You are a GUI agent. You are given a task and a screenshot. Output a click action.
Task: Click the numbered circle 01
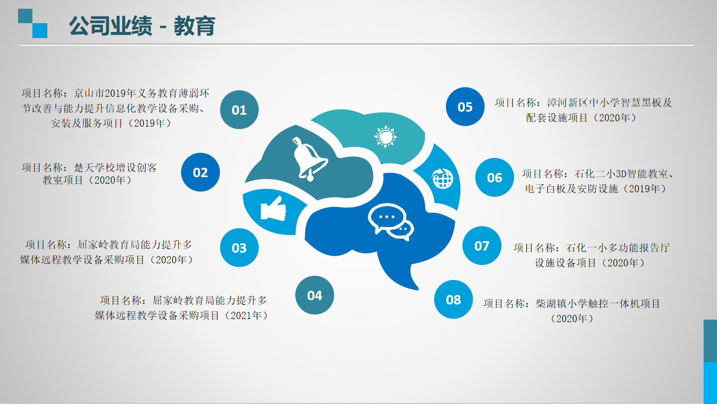[239, 110]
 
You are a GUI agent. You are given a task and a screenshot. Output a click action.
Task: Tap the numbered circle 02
[201, 172]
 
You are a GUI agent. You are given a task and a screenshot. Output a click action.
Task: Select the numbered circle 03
[239, 248]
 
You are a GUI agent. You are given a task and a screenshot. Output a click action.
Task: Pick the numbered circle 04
[314, 295]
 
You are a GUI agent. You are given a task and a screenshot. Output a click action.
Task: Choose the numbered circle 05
[465, 107]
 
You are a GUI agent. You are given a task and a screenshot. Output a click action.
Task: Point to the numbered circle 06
[494, 177]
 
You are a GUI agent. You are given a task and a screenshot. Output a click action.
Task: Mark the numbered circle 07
[482, 245]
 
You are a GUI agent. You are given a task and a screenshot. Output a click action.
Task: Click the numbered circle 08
[453, 300]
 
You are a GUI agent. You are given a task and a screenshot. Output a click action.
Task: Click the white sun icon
[385, 137]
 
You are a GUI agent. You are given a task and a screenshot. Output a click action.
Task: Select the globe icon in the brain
[442, 179]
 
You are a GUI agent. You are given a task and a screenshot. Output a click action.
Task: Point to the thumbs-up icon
[273, 209]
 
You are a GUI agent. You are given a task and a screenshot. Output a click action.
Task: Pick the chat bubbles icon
[391, 222]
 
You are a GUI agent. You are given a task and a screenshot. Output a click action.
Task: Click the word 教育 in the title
[194, 26]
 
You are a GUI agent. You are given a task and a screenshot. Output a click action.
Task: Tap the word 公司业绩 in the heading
[111, 26]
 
